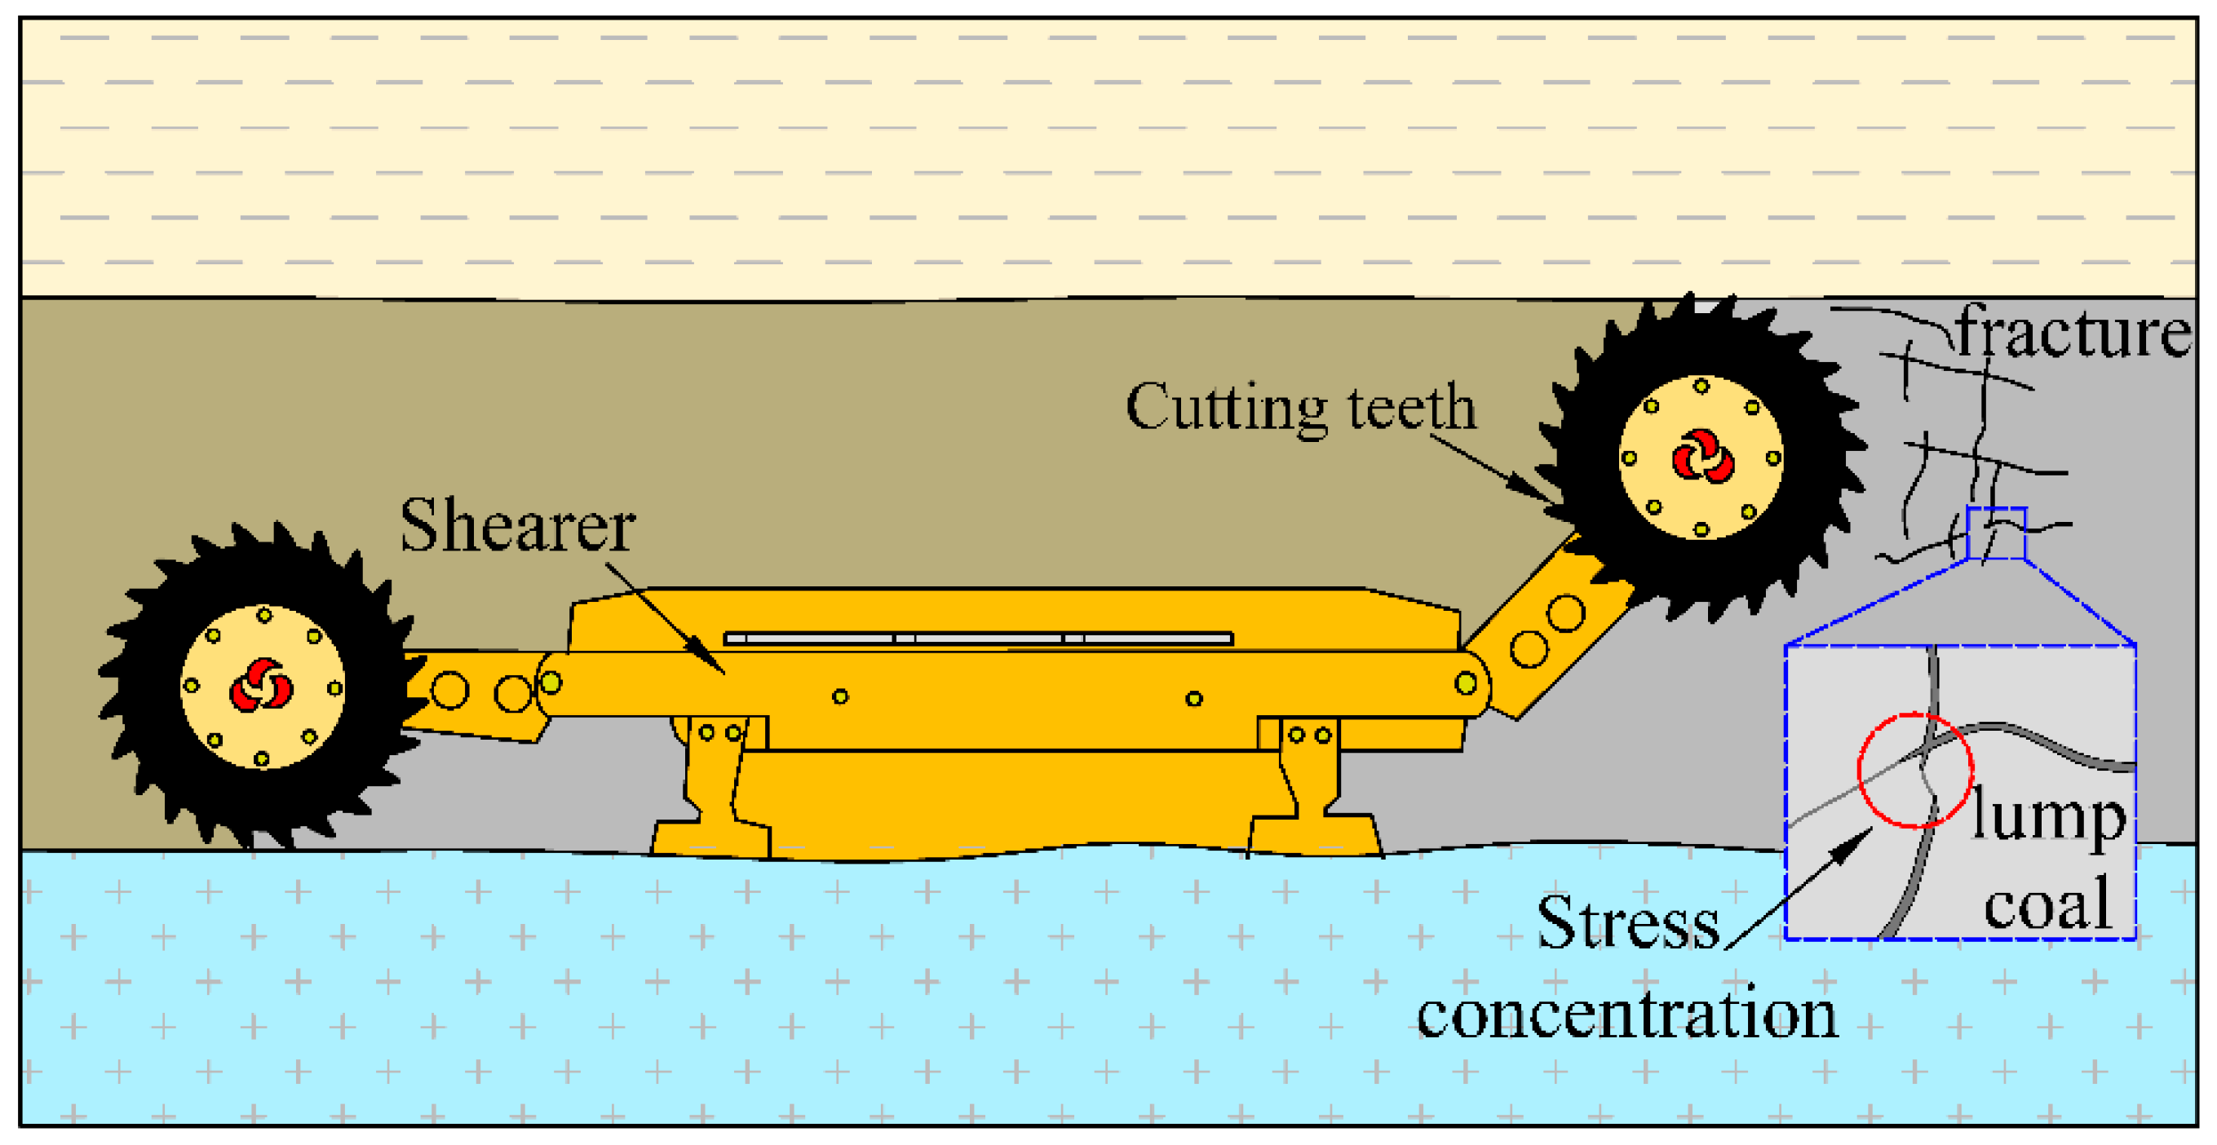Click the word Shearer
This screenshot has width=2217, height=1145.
click(x=517, y=526)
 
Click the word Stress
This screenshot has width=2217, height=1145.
click(x=1627, y=923)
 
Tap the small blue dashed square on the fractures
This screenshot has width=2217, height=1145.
click(x=1996, y=533)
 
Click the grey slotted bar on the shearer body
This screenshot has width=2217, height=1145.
click(x=979, y=639)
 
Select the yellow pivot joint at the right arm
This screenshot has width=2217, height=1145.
click(x=1466, y=684)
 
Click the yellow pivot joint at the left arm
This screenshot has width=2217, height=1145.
click(x=551, y=683)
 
